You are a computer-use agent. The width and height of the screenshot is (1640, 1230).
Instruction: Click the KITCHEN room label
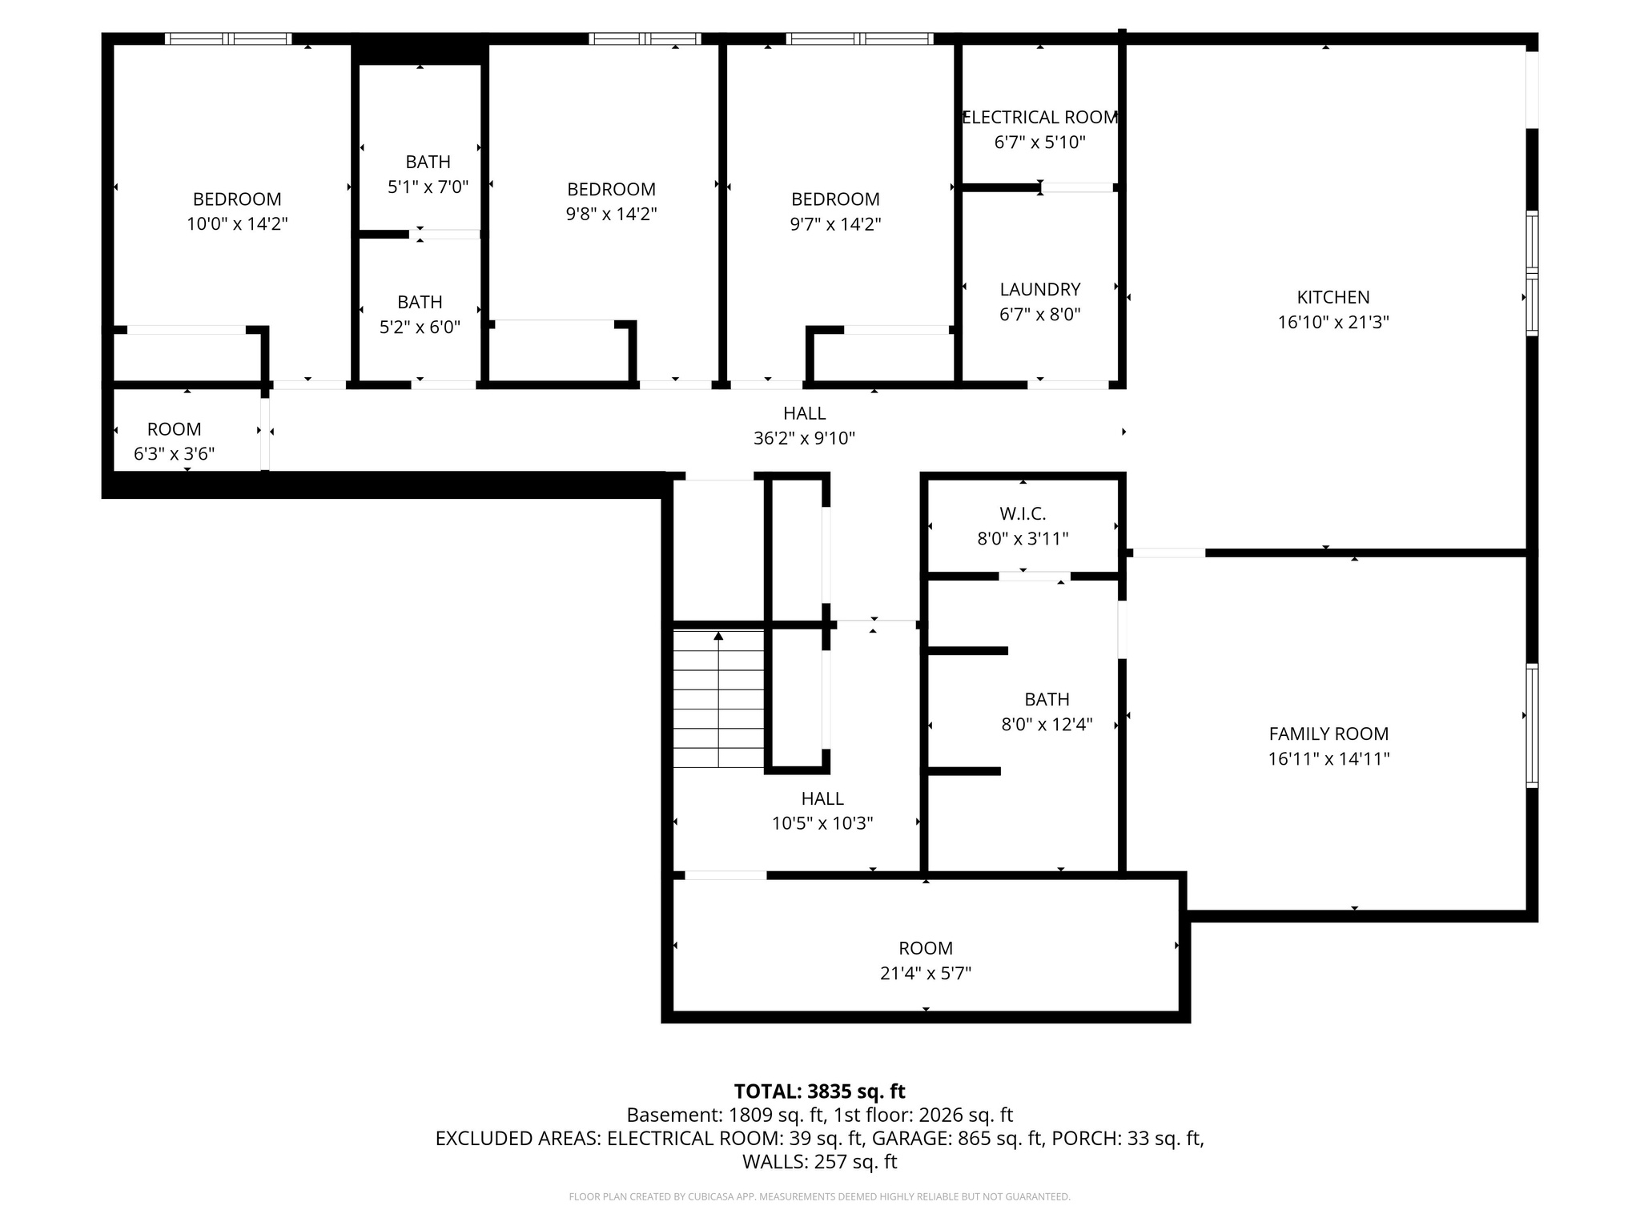[x=1332, y=297]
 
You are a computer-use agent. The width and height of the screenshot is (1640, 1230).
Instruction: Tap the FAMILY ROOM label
[x=1328, y=734]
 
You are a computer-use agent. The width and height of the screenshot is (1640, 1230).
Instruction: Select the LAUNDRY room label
[x=1039, y=289]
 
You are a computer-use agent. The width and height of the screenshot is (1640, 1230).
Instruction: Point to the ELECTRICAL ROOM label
[x=1039, y=118]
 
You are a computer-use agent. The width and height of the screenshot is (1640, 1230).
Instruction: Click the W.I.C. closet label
[x=1023, y=513]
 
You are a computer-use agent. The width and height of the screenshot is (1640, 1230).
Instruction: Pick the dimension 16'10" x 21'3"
[x=1332, y=322]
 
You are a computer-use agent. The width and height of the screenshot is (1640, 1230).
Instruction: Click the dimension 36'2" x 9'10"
[x=804, y=438]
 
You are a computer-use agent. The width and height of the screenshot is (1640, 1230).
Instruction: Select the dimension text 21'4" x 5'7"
[x=925, y=973]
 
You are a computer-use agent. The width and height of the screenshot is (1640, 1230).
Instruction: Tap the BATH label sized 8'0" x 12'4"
[x=1047, y=699]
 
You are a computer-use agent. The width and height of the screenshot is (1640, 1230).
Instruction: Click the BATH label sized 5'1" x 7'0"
[x=428, y=162]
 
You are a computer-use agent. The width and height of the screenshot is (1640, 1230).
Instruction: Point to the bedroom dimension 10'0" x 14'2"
[x=237, y=223]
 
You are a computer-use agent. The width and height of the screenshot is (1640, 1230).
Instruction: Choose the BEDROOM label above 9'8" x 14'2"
[x=611, y=189]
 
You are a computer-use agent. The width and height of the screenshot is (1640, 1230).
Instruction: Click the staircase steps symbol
[x=718, y=699]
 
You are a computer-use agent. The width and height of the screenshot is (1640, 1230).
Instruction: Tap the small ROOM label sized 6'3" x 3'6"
[x=174, y=429]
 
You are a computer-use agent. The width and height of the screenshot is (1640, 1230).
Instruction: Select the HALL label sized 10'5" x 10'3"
[x=822, y=798]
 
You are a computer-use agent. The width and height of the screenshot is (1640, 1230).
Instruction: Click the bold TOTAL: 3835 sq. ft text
[x=819, y=1091]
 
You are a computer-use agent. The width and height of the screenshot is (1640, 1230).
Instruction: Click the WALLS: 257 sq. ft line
[x=819, y=1161]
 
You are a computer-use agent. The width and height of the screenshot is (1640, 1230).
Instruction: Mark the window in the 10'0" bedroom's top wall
[x=228, y=38]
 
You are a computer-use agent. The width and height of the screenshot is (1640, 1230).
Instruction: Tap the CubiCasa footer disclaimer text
[x=819, y=1196]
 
